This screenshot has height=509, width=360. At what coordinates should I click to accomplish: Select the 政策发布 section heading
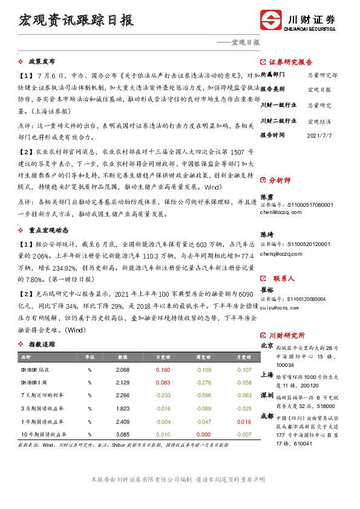(42, 62)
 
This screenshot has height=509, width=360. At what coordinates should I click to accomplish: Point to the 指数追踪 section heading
(42, 344)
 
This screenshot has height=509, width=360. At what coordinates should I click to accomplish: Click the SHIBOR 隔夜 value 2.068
(122, 369)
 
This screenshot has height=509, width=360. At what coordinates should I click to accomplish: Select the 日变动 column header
(162, 357)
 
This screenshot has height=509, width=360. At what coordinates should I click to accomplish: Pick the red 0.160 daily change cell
(162, 369)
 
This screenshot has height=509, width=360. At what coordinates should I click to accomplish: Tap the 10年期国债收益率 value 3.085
(122, 434)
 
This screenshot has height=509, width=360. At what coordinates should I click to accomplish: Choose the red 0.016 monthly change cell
(243, 421)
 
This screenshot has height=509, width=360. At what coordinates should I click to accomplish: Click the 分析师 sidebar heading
(280, 180)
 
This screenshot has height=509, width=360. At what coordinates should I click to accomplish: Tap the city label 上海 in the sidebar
(266, 375)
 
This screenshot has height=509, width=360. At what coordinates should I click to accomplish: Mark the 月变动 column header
(243, 357)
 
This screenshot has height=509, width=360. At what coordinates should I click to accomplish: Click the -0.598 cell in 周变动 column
(203, 395)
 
